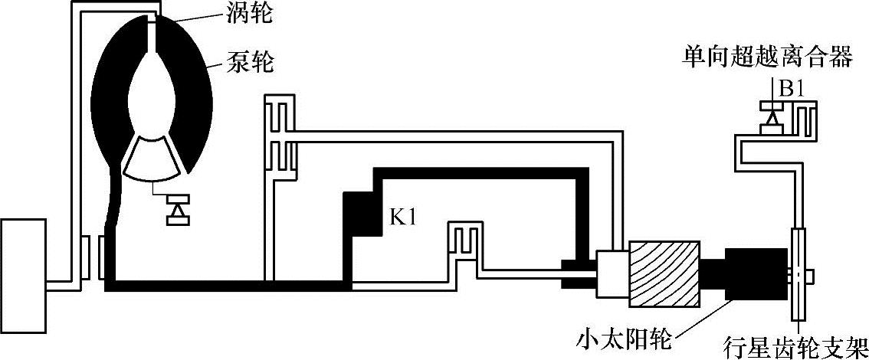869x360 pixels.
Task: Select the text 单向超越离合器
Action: [x=766, y=58]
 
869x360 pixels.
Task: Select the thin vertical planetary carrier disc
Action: [x=798, y=275]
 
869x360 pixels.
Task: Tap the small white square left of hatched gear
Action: [x=611, y=273]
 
